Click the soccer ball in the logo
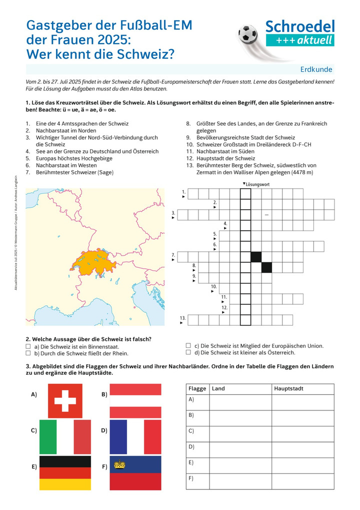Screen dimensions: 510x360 (x=247, y=35)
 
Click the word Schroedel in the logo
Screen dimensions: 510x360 (x=299, y=27)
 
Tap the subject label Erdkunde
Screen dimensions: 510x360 (x=316, y=70)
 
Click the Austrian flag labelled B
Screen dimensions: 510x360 (x=135, y=401)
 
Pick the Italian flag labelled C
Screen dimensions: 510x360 (x=65, y=436)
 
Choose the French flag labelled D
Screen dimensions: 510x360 (x=135, y=436)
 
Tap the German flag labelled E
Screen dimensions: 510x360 (x=65, y=472)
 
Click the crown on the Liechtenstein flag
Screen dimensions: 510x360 (x=119, y=464)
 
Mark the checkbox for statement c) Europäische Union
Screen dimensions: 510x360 (x=188, y=345)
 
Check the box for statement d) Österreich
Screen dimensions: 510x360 (x=188, y=352)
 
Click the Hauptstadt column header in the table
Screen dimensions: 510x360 (x=289, y=389)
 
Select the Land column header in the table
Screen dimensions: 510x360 (x=218, y=389)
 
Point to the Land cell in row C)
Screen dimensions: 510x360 (x=240, y=434)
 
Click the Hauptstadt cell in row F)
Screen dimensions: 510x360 (x=302, y=481)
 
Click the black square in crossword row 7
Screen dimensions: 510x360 (x=256, y=257)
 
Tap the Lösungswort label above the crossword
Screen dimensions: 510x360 (x=257, y=184)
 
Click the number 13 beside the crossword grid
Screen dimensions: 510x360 (x=183, y=318)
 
